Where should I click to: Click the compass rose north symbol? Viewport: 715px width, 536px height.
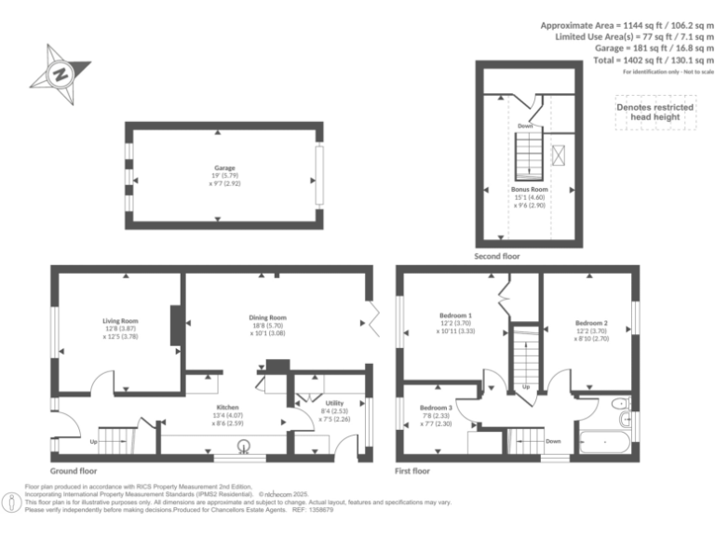61,74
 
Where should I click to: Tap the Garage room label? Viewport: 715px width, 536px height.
224,169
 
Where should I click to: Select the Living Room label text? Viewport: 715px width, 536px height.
120,321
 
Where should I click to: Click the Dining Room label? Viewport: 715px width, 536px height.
267,318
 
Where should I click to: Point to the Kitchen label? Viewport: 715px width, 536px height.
229,408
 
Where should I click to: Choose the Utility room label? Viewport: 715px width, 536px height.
334,403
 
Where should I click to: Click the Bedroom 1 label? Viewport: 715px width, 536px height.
456,315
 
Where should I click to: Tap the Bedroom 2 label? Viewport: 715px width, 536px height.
591,323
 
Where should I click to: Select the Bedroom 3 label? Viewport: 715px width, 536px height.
436,409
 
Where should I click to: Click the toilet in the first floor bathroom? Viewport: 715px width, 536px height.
620,404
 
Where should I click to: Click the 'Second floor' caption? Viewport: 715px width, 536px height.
497,256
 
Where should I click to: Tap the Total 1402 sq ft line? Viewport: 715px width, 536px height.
654,60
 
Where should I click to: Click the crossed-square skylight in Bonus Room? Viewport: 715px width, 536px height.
560,155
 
